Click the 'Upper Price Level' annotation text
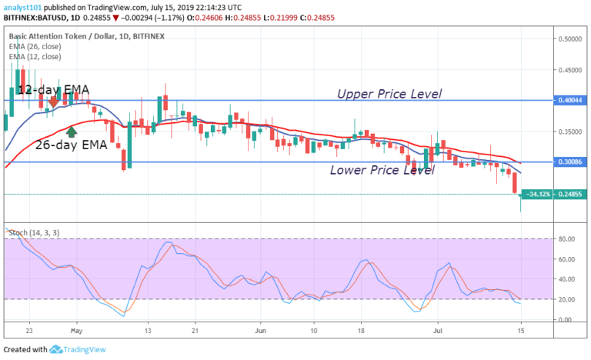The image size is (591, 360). (389, 94)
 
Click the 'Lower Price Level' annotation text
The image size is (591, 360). (382, 170)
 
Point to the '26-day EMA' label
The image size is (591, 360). (72, 143)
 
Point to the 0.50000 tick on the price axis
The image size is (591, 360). (570, 38)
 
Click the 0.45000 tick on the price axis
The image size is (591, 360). (570, 69)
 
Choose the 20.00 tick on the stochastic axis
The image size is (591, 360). (567, 299)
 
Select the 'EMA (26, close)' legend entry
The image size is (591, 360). (35, 48)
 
